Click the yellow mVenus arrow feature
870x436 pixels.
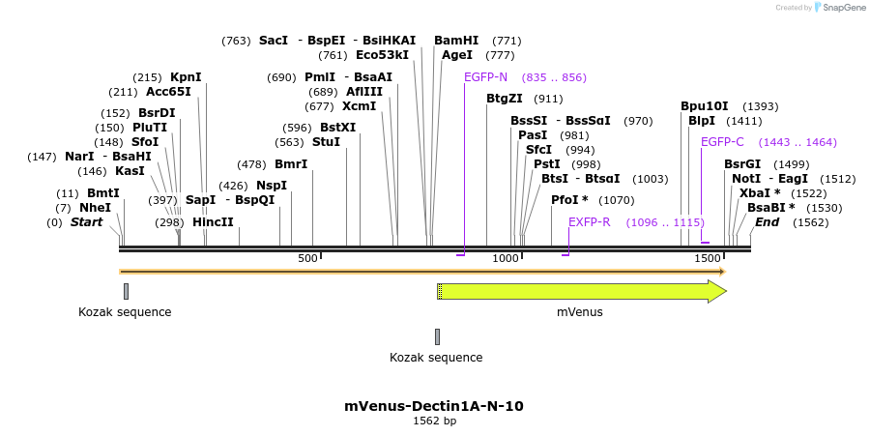[580, 291]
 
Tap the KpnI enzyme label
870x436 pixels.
[186, 77]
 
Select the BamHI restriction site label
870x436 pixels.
[456, 41]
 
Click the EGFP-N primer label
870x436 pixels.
[485, 77]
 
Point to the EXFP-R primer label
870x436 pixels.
[589, 222]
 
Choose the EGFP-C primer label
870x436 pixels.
[722, 142]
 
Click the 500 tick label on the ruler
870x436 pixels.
[307, 258]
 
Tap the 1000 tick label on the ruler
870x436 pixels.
[506, 258]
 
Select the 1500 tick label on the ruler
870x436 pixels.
[708, 258]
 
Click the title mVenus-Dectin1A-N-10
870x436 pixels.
[434, 406]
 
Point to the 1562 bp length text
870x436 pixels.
[434, 421]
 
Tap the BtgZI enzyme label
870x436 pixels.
[505, 99]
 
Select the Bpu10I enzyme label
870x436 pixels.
[705, 106]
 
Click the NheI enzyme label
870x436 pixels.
[96, 208]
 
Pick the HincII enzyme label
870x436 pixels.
[213, 222]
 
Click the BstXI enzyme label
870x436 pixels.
[337, 128]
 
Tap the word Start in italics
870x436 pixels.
[86, 222]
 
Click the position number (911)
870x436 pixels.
[548, 99]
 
